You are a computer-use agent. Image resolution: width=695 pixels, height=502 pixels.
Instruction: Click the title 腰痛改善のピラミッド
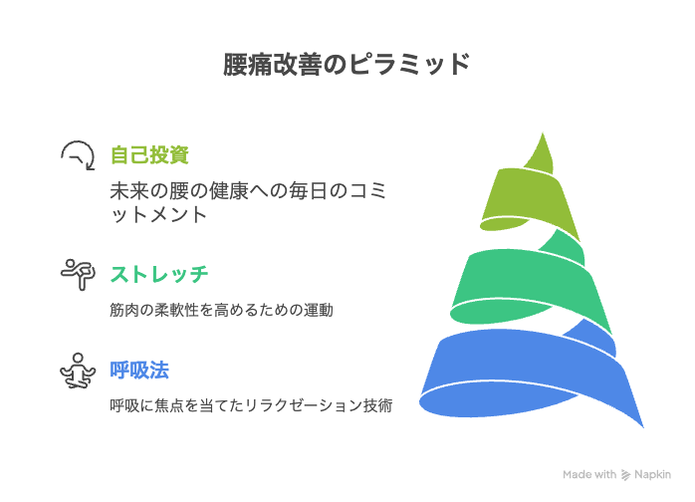pos(347,65)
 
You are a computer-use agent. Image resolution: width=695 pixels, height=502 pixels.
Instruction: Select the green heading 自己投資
pos(149,155)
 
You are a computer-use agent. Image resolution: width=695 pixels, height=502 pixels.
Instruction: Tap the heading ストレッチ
pos(159,274)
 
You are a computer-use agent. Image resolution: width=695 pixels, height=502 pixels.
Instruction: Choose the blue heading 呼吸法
pos(139,371)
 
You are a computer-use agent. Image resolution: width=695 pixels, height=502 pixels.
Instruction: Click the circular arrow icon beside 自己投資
pos(78,155)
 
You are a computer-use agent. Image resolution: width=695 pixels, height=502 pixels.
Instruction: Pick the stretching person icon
pos(78,275)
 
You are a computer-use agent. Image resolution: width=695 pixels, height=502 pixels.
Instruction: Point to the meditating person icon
pos(78,371)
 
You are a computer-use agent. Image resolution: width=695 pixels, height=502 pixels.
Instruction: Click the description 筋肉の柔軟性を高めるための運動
pos(221,310)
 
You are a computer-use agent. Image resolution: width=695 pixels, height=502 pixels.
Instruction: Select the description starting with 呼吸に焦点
pos(251,405)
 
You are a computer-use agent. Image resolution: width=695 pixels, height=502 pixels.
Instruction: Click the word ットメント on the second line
pos(158,215)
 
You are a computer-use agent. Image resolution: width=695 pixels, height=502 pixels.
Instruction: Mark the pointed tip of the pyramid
pos(543,132)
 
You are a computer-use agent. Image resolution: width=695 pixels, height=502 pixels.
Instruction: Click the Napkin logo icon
pos(625,475)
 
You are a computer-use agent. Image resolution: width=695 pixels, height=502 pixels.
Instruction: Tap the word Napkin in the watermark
pos(652,474)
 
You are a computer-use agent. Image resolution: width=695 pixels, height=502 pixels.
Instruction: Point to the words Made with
pos(589,474)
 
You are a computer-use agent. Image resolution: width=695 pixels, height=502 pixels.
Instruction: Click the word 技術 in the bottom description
pos(377,405)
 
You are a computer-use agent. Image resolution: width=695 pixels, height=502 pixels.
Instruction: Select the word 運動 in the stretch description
pos(319,310)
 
